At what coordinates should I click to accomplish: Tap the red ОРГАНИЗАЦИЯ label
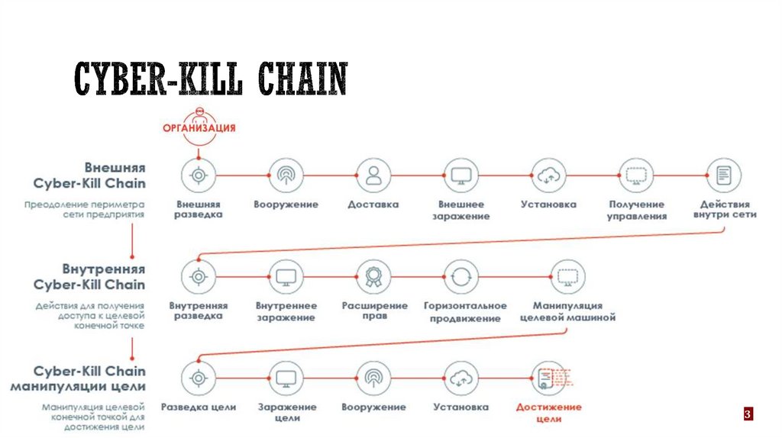tap(199, 127)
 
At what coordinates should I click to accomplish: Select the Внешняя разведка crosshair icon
tap(199, 175)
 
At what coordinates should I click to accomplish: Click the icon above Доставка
tap(373, 175)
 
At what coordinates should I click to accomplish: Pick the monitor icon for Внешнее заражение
tap(460, 175)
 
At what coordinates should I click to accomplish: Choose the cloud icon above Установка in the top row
tap(548, 175)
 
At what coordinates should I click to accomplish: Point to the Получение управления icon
tap(635, 175)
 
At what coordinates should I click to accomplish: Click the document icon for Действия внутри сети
tap(723, 175)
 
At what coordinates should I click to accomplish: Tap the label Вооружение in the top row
tap(286, 205)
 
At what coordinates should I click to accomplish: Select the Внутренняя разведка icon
tap(199, 276)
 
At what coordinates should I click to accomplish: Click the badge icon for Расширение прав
tap(373, 276)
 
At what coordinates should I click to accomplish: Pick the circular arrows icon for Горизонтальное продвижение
tap(460, 276)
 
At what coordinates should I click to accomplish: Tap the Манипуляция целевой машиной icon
tap(567, 276)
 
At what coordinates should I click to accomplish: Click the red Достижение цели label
tap(548, 413)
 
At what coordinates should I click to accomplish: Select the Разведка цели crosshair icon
tap(199, 378)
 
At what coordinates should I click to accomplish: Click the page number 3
tap(748, 414)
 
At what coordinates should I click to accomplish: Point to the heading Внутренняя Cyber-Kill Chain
tap(89, 276)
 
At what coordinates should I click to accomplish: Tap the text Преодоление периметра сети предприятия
tap(84, 210)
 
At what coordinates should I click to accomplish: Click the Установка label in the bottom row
tap(460, 407)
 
